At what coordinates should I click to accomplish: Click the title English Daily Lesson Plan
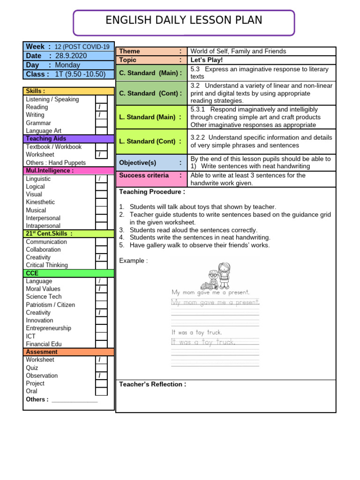[184, 20]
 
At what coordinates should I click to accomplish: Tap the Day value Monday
[67, 65]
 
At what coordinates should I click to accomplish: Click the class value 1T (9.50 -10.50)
[80, 74]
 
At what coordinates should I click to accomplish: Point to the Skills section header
[68, 91]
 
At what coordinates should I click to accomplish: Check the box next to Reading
[101, 107]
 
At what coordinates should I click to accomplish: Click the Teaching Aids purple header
[68, 139]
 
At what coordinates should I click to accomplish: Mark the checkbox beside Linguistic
[101, 179]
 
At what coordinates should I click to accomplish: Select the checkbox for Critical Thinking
[101, 265]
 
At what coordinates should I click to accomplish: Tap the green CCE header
[68, 273]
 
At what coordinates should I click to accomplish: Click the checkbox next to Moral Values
[101, 289]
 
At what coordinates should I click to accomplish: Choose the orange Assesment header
[68, 352]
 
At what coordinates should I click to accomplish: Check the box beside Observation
[101, 376]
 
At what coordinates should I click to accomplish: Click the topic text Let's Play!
[206, 60]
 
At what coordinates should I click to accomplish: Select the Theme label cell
[150, 51]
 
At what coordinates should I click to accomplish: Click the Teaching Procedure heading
[152, 192]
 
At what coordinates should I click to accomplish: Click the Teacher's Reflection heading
[153, 384]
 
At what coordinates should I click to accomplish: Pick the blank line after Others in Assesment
[75, 400]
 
